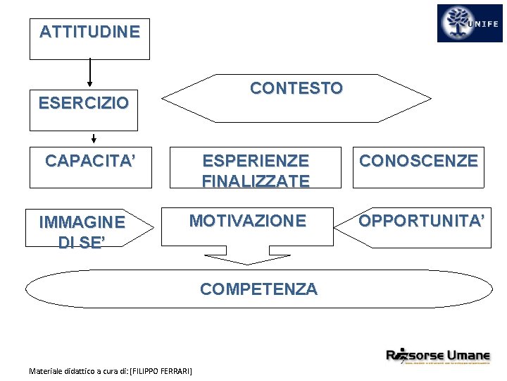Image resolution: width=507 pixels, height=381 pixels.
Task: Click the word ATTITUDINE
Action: click(89, 32)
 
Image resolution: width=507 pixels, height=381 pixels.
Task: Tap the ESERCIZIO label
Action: click(83, 104)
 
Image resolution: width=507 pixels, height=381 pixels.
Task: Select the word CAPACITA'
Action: click(89, 161)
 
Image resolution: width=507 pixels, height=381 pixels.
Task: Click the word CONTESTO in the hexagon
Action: click(296, 88)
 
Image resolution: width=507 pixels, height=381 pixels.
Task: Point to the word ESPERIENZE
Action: click(256, 161)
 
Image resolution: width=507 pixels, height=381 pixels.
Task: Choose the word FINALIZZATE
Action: click(256, 181)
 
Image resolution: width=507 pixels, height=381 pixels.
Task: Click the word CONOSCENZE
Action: click(418, 161)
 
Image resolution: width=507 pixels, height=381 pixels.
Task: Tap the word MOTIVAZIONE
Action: click(247, 221)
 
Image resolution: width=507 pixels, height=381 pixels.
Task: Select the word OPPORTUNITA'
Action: click(422, 221)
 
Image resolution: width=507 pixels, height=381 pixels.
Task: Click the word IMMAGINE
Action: click(82, 223)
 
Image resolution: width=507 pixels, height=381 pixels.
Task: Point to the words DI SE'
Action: click(82, 242)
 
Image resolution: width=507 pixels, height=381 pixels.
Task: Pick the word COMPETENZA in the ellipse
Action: click(258, 289)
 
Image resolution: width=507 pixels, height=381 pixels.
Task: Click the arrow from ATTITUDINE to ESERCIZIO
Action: click(90, 74)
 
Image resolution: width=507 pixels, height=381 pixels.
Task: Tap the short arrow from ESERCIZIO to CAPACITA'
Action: click(94, 138)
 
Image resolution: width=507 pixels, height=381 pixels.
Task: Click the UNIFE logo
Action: click(470, 23)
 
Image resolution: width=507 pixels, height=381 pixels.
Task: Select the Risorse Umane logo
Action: click(437, 355)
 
